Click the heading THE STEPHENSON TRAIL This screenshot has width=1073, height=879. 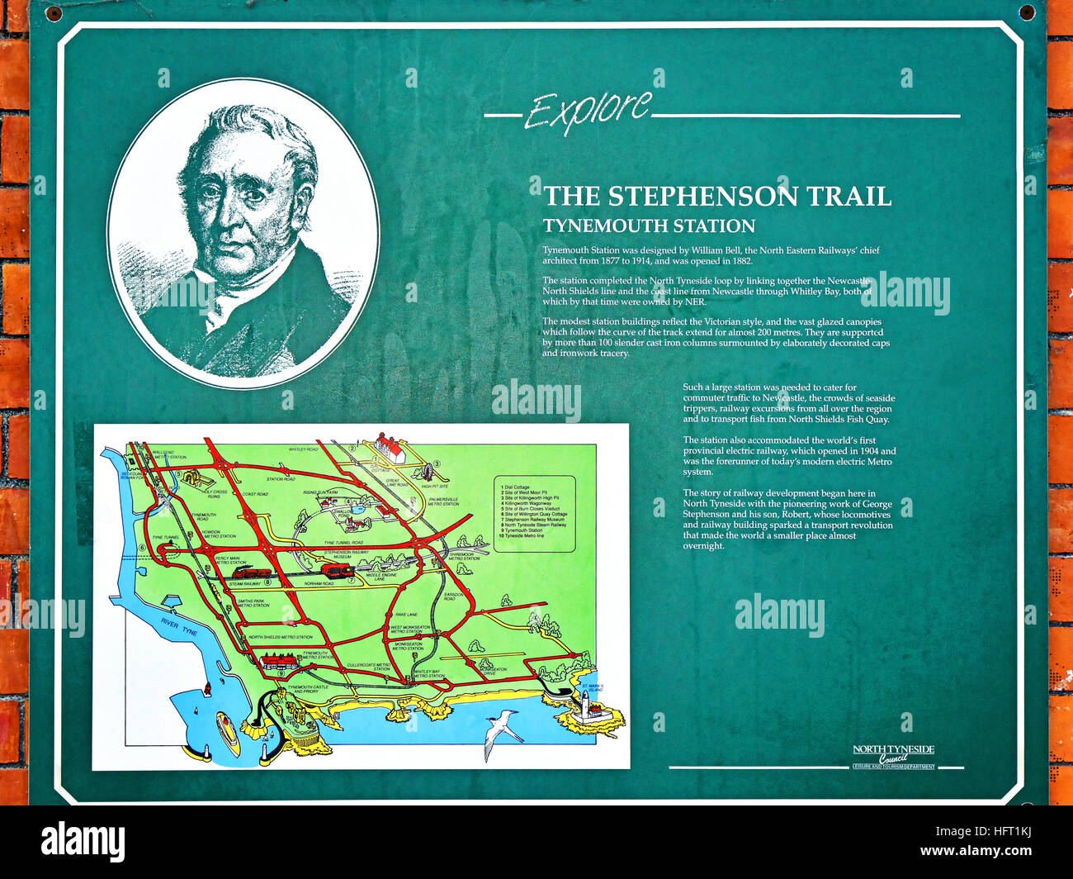[x=717, y=197]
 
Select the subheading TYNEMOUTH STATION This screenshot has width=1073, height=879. [x=649, y=226]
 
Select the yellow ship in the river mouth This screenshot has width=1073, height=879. [x=227, y=731]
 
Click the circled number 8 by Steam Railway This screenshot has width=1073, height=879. [x=267, y=582]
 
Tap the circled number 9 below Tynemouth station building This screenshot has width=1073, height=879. [x=281, y=673]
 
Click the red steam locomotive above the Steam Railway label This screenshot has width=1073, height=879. [x=248, y=573]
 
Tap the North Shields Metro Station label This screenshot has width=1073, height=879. [x=281, y=637]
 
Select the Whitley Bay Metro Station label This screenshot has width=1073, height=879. [x=428, y=673]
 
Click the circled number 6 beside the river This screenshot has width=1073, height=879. [x=142, y=548]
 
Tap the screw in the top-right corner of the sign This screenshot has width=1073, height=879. [x=1026, y=12]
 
